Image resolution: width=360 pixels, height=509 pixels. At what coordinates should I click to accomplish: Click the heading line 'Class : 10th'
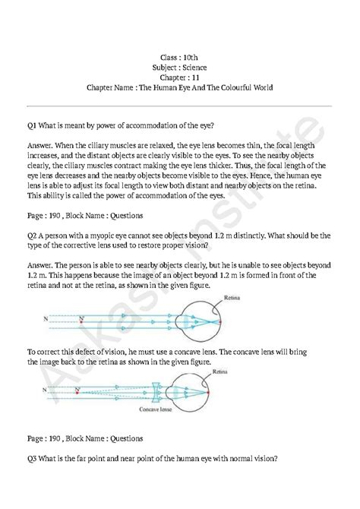(x=180, y=57)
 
